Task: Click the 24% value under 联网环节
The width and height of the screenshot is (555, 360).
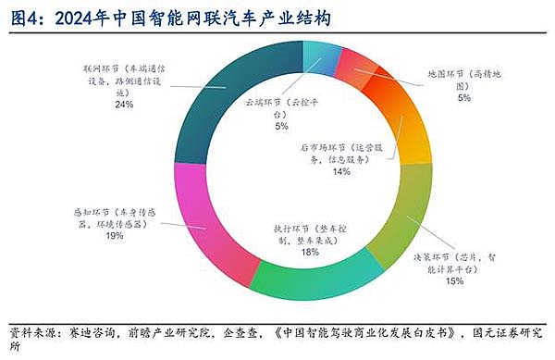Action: (125, 105)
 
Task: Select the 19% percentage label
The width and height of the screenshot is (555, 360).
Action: (116, 236)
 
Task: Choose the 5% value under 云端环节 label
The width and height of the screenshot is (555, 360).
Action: (281, 126)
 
